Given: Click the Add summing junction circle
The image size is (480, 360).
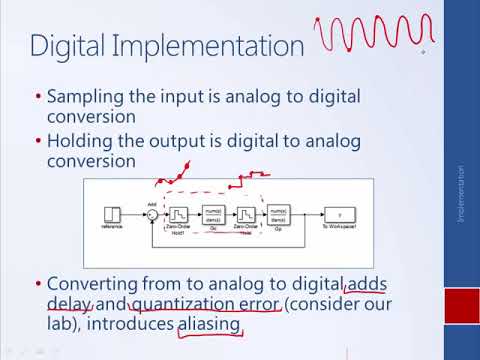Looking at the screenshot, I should point(152,214).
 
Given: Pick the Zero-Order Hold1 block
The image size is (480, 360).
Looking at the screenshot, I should point(177,214).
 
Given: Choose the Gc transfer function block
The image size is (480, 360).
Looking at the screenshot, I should point(213,214).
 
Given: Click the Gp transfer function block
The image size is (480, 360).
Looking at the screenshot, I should point(278,214).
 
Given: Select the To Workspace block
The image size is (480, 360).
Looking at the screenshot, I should point(339,214).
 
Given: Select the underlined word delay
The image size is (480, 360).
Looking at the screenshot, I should point(70,303).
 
